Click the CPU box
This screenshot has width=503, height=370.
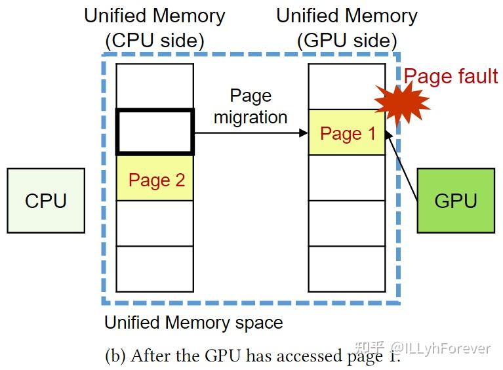(46, 200)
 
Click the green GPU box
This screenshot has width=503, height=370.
(456, 200)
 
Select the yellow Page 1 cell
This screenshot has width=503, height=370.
(348, 133)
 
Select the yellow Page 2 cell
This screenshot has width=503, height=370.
(155, 178)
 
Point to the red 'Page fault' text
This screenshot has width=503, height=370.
(451, 76)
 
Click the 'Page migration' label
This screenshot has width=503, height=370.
(251, 106)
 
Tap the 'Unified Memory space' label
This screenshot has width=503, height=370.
(193, 323)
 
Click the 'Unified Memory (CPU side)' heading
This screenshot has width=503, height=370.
(155, 28)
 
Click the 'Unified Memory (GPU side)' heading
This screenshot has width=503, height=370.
(347, 28)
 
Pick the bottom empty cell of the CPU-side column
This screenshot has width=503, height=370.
(155, 269)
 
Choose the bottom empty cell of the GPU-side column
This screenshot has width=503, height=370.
(348, 269)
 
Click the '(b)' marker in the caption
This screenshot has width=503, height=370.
(115, 356)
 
